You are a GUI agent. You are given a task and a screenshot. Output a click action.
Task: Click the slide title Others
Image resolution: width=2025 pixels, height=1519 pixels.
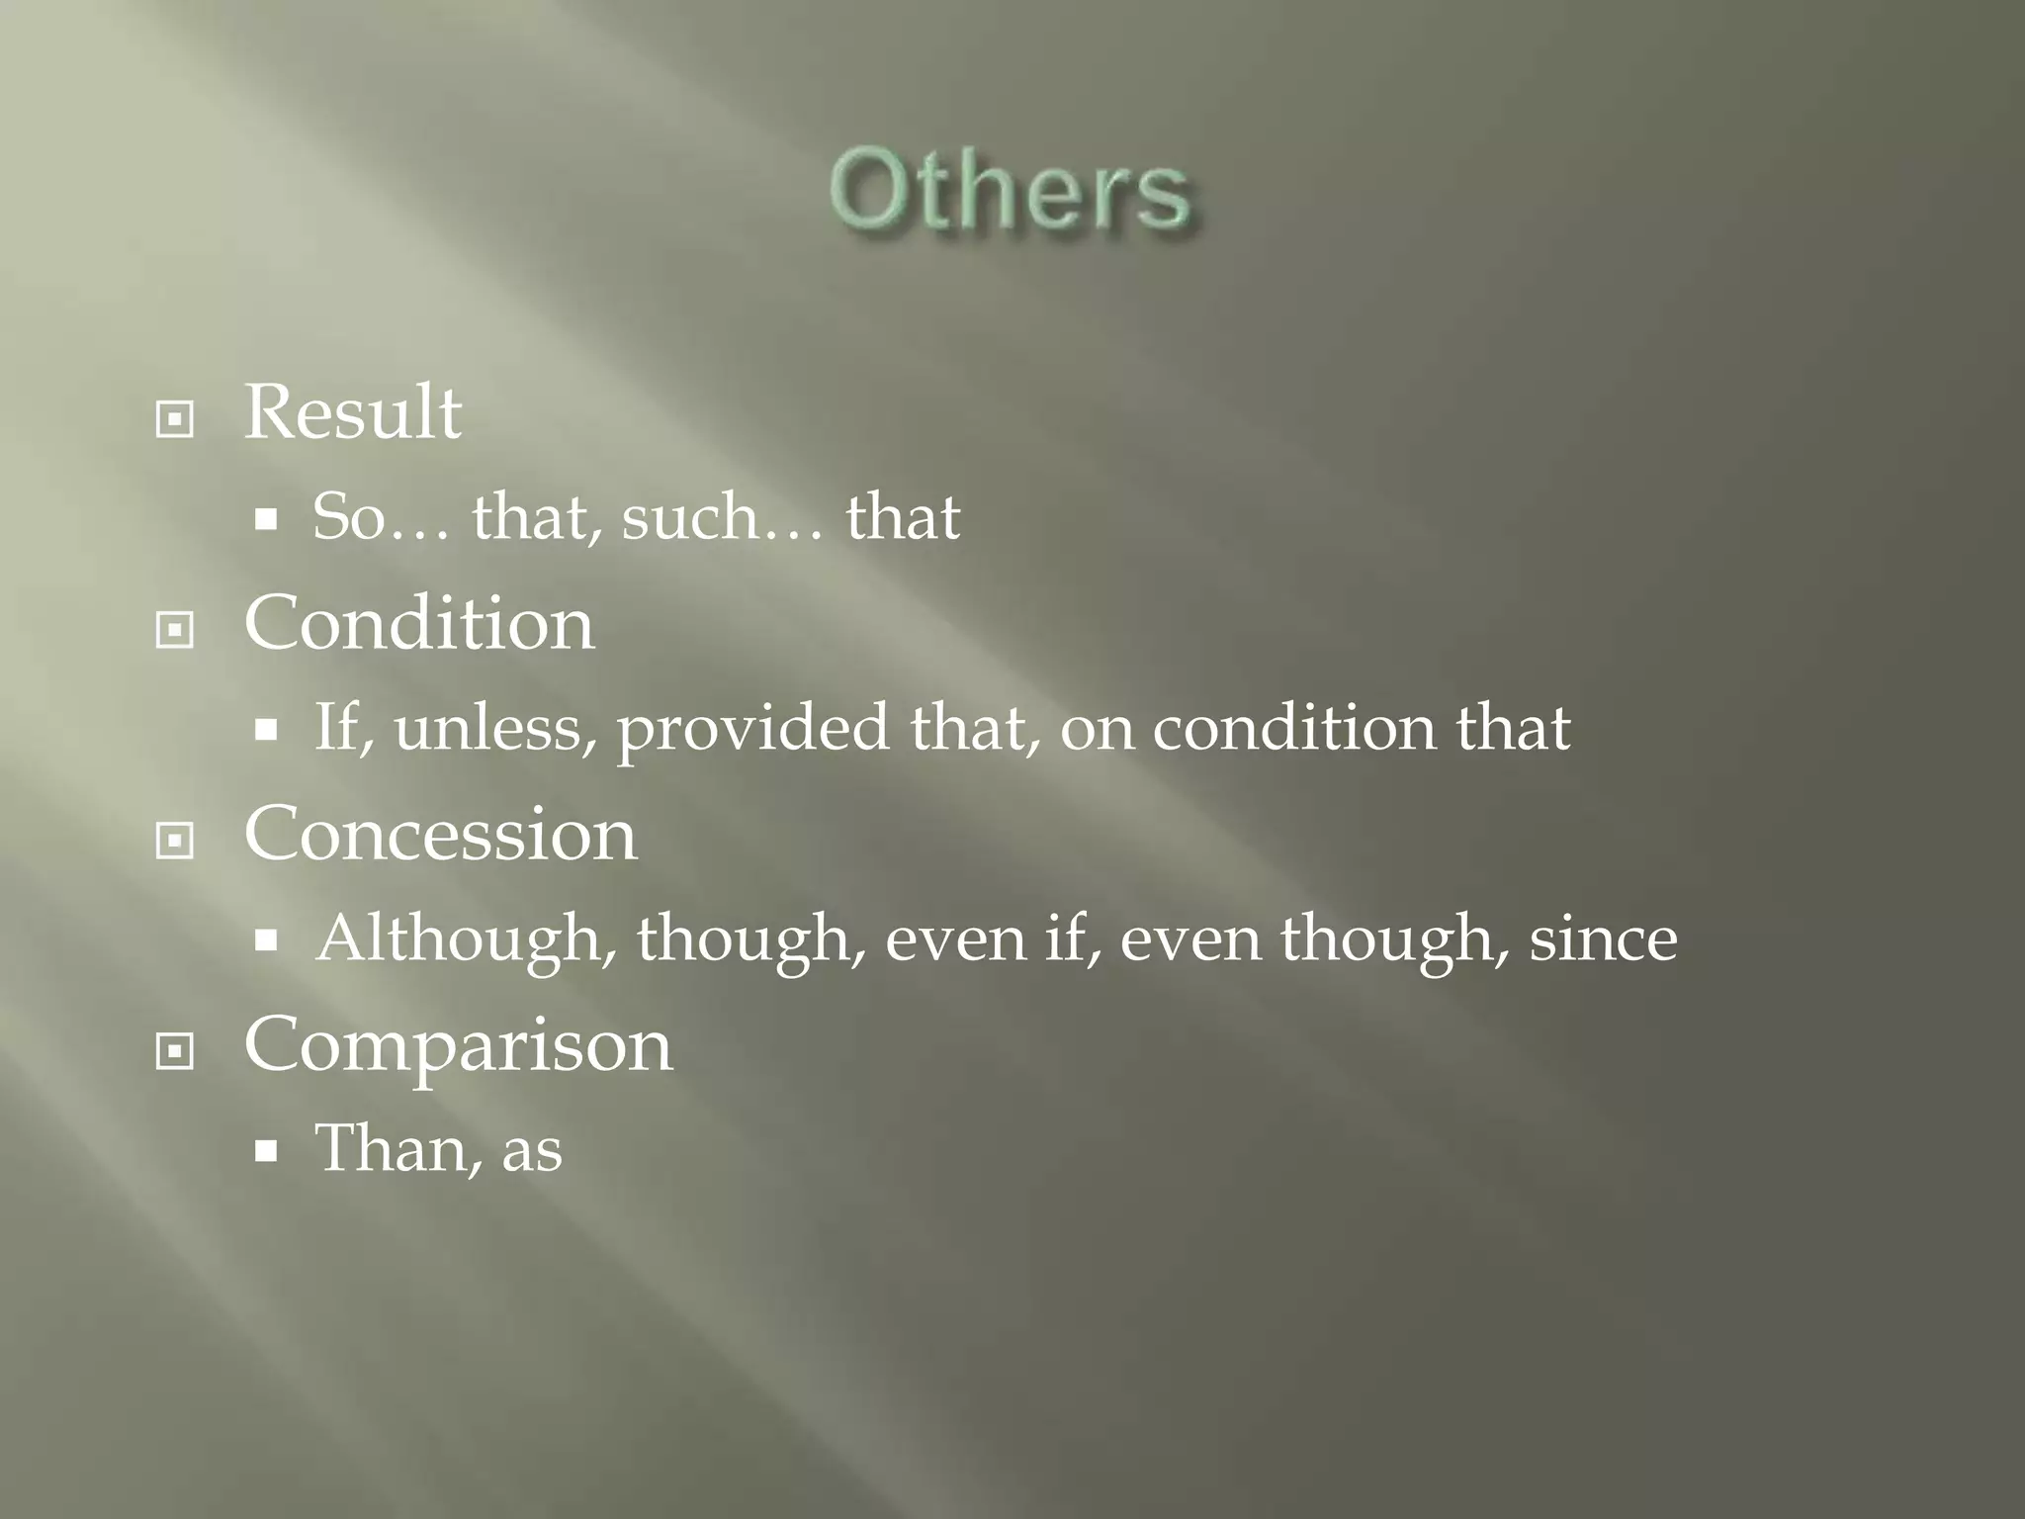pyautogui.click(x=1011, y=191)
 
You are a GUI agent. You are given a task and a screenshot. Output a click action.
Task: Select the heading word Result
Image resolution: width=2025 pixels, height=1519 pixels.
pyautogui.click(x=352, y=412)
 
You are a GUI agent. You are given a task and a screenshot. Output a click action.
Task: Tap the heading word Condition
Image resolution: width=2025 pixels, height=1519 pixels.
pyautogui.click(x=419, y=624)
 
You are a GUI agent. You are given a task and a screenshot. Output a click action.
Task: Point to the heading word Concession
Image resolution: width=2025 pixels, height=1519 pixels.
pyautogui.click(x=440, y=835)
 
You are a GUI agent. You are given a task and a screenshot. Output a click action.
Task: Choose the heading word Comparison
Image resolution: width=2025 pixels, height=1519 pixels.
pyautogui.click(x=458, y=1045)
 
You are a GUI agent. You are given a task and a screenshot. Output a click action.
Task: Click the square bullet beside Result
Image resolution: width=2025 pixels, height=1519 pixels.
pyautogui.click(x=175, y=420)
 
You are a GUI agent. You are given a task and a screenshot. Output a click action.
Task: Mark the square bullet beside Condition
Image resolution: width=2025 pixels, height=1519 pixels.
pyautogui.click(x=175, y=630)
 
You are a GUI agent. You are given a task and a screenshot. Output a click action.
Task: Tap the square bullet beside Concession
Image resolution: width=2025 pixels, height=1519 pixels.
pyautogui.click(x=175, y=842)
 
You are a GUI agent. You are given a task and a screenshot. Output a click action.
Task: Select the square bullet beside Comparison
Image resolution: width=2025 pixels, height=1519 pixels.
pyautogui.click(x=175, y=1051)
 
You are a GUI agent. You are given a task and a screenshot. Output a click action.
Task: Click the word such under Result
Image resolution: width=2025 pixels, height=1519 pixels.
pyautogui.click(x=688, y=517)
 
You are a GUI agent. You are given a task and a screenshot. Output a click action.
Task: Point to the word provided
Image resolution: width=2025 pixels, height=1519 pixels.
pyautogui.click(x=752, y=730)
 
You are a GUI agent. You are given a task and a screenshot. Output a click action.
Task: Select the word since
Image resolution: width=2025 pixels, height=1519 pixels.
pyautogui.click(x=1603, y=939)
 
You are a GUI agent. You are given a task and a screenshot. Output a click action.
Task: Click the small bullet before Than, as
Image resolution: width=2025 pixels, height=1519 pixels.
pyautogui.click(x=265, y=1151)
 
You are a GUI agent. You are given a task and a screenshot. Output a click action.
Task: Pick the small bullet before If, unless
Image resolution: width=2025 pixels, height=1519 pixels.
pyautogui.click(x=265, y=731)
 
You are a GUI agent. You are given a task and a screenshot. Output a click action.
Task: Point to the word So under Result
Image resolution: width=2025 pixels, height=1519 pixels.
pyautogui.click(x=348, y=517)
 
